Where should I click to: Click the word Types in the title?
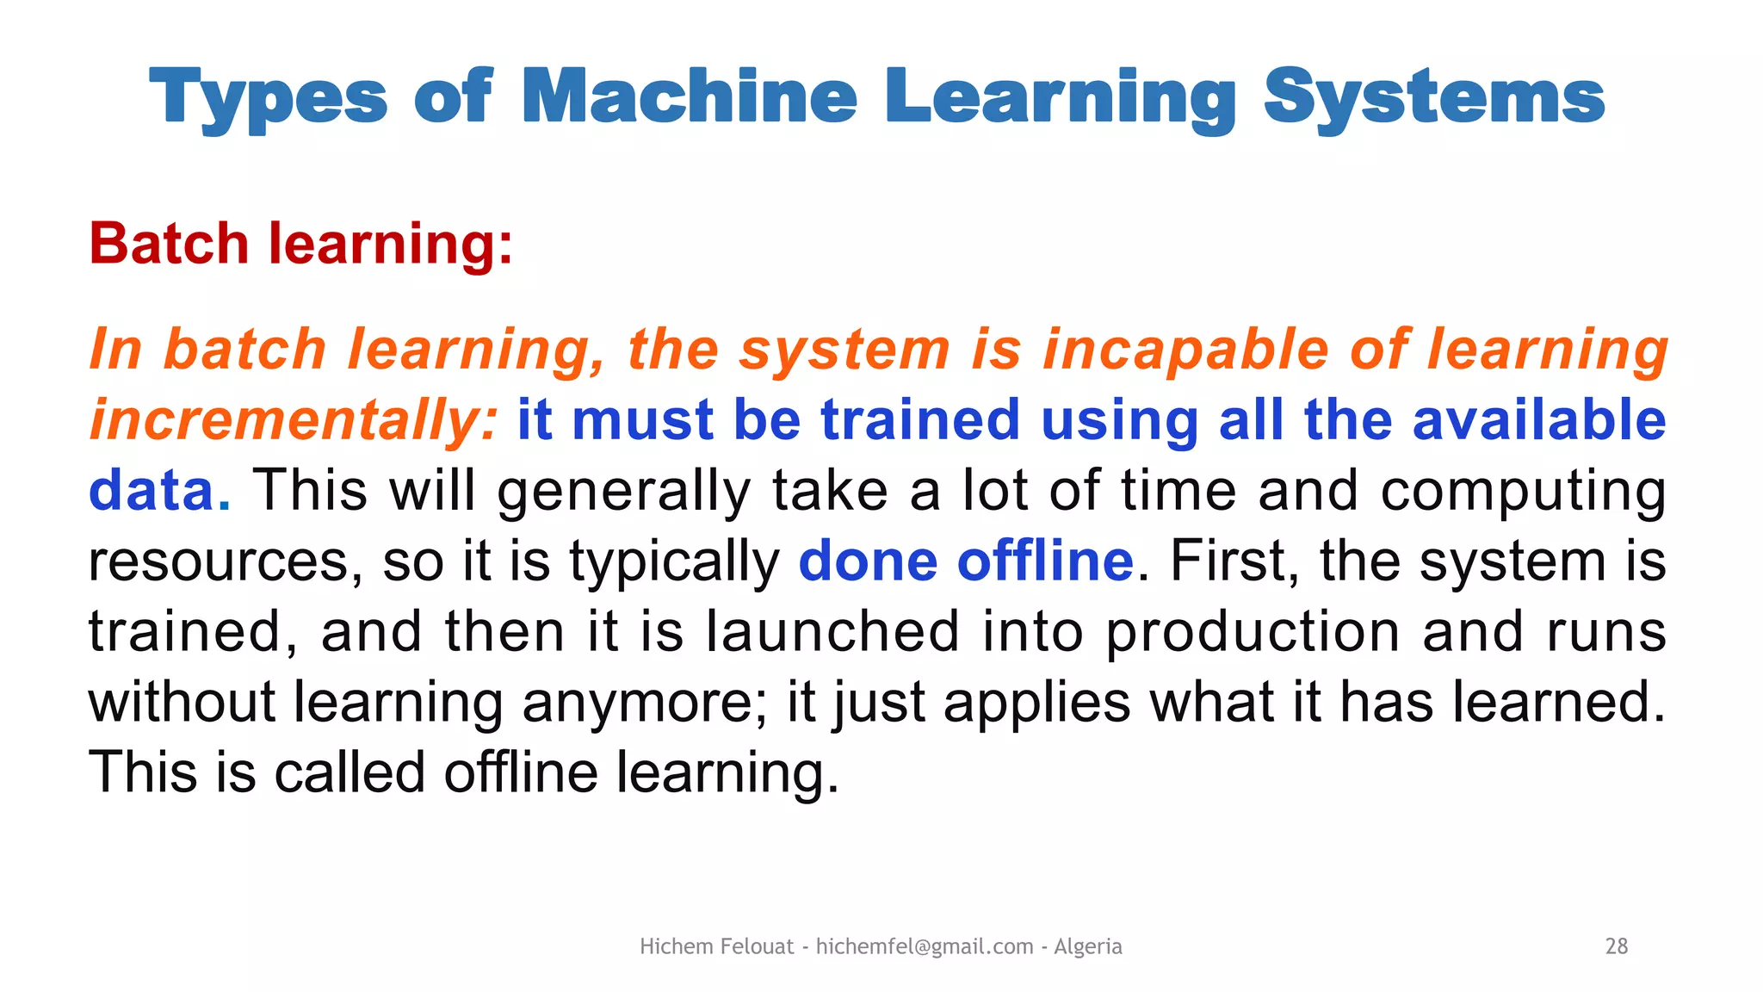click(269, 99)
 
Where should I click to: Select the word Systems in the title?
click(1434, 99)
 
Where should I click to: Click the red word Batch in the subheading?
click(169, 244)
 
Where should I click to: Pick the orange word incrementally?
click(294, 420)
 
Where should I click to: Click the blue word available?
click(1539, 420)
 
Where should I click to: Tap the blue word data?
click(152, 491)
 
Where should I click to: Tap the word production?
click(1253, 633)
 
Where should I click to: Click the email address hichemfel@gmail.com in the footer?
click(925, 946)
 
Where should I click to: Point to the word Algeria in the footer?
click(1088, 946)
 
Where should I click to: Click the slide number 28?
click(1617, 946)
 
